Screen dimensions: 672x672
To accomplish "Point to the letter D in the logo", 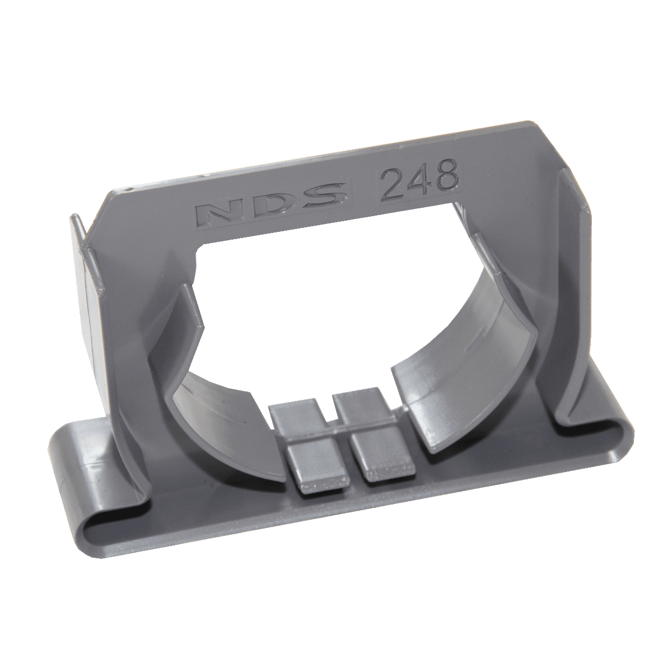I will click(x=268, y=203).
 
